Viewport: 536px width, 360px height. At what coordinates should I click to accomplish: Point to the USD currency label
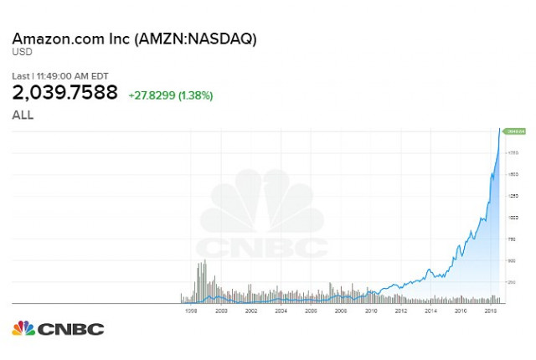[x=21, y=54]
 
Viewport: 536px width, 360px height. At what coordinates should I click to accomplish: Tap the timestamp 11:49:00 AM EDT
[x=76, y=76]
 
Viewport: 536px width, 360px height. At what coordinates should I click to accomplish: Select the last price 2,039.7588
[x=64, y=93]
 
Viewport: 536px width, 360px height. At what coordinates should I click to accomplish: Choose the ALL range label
[x=23, y=115]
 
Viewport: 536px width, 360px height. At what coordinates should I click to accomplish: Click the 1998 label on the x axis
[x=192, y=310]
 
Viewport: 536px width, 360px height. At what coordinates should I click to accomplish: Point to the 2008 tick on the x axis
[x=341, y=310]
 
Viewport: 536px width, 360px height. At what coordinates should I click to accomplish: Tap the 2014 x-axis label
[x=430, y=310]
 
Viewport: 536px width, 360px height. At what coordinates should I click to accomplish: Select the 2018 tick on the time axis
[x=491, y=310]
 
